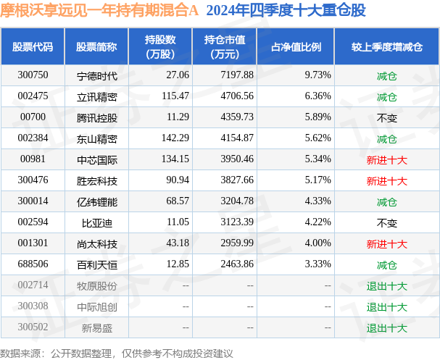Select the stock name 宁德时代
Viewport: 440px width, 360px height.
pyautogui.click(x=96, y=75)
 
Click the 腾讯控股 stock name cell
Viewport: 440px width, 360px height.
pyautogui.click(x=96, y=117)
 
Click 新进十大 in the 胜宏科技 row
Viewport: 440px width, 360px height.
pyautogui.click(x=386, y=180)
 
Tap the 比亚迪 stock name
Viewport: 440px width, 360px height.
pyautogui.click(x=96, y=222)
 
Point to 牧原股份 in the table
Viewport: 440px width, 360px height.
pyautogui.click(x=96, y=285)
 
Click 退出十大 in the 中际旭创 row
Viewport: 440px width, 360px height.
pyautogui.click(x=386, y=306)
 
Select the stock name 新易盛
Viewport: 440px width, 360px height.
pyautogui.click(x=96, y=327)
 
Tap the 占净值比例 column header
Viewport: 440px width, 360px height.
pyautogui.click(x=296, y=46)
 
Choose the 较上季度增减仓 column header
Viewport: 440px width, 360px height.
pyautogui.click(x=386, y=46)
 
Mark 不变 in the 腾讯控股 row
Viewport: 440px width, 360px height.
pyautogui.click(x=386, y=117)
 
